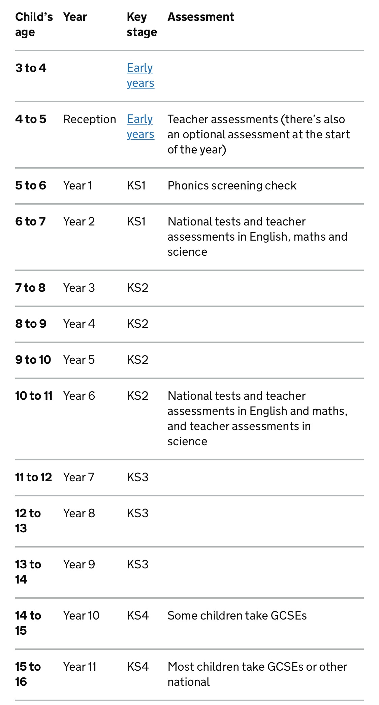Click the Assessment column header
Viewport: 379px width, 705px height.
tap(201, 17)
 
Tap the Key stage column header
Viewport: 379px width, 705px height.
tap(141, 24)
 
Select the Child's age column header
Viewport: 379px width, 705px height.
tap(34, 24)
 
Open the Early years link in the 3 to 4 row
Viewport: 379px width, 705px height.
tap(140, 75)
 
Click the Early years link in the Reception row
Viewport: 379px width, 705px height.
tap(140, 127)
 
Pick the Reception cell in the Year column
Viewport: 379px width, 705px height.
tap(90, 119)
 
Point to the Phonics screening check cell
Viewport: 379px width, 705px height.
tap(232, 185)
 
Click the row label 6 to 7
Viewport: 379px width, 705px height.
tap(30, 221)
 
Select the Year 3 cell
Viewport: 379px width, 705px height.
tap(79, 288)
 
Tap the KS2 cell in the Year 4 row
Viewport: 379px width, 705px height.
tap(137, 324)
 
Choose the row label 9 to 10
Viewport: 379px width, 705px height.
tap(33, 360)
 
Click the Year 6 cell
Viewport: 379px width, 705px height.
tap(79, 396)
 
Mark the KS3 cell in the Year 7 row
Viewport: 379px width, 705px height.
tap(137, 477)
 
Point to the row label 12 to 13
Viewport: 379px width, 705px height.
tap(28, 521)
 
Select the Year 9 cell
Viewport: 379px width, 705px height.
tap(79, 564)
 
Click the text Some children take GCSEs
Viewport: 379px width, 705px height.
tap(237, 615)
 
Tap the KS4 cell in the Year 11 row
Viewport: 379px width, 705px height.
tap(137, 667)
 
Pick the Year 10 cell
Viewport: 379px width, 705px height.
tap(81, 615)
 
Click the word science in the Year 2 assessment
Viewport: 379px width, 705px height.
tap(187, 252)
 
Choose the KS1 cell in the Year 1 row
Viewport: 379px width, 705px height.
tap(136, 185)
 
